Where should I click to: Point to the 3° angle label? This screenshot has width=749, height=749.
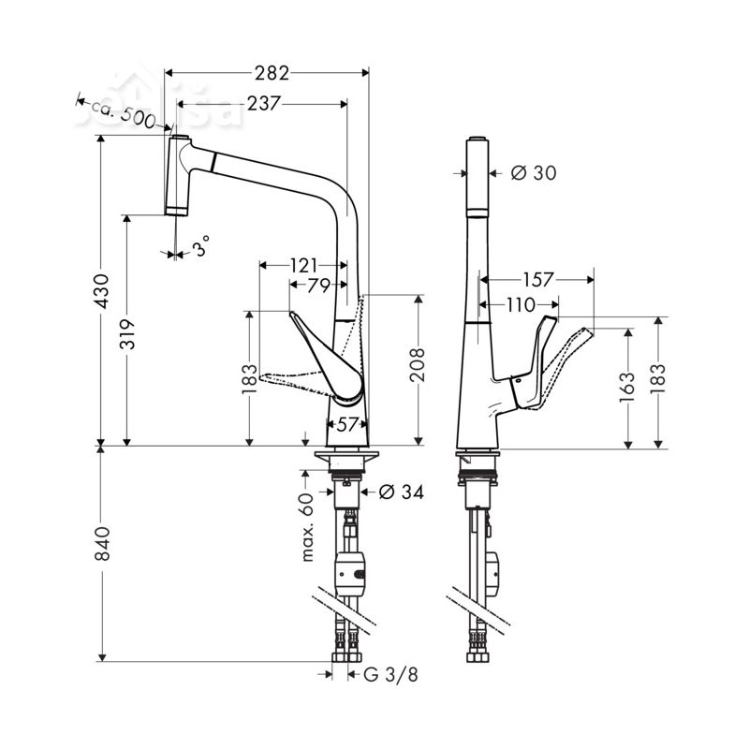[x=200, y=248]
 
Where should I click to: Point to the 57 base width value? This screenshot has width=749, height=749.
[x=347, y=424]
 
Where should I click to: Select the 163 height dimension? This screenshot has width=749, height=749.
[x=629, y=383]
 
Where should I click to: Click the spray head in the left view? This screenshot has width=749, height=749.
[x=178, y=175]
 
